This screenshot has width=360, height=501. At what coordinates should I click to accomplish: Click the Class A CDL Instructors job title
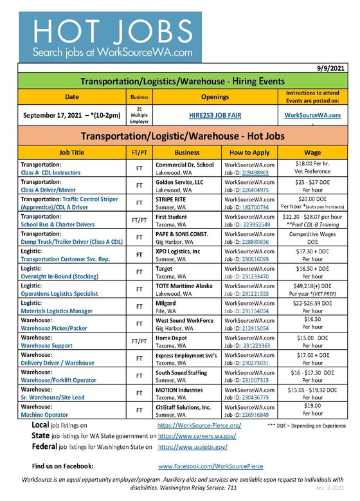coord(54,172)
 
